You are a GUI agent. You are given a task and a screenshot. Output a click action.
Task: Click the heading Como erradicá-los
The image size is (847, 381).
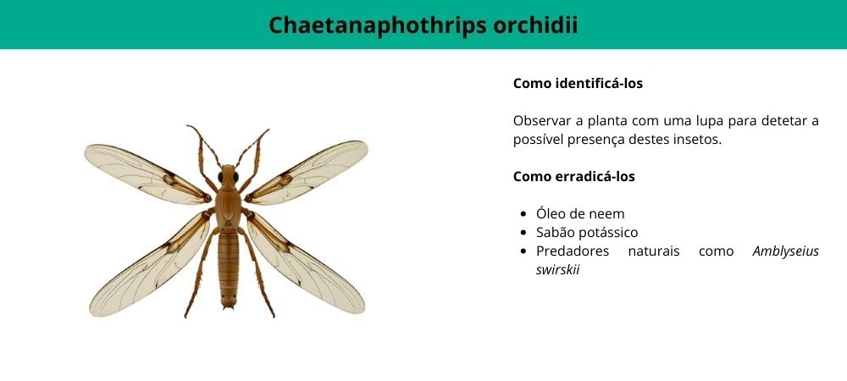point(573,177)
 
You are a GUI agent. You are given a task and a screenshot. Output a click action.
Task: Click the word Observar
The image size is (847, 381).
point(544,121)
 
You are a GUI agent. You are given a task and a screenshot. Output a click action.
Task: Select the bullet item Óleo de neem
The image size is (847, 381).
point(580,214)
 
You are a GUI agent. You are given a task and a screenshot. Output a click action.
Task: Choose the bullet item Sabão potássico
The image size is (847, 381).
point(587,233)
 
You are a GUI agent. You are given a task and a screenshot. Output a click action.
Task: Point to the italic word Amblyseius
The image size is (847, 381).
point(785,251)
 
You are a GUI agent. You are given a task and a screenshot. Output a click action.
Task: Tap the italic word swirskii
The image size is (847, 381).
point(557,270)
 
